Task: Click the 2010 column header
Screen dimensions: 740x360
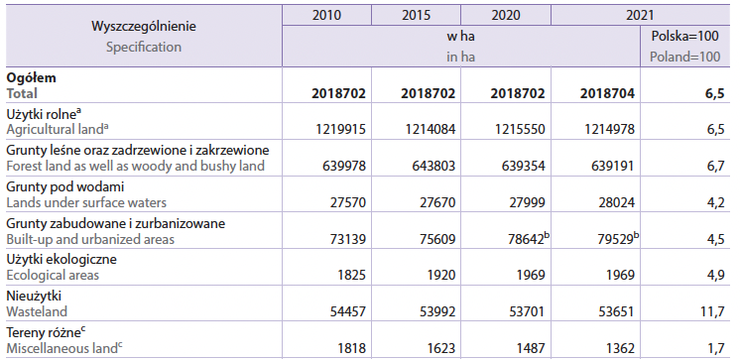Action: [x=326, y=15]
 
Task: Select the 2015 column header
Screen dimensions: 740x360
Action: [x=417, y=15]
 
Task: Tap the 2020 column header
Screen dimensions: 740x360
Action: [x=506, y=15]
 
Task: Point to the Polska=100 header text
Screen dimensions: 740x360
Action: [x=684, y=36]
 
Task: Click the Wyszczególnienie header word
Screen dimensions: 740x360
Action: [x=144, y=27]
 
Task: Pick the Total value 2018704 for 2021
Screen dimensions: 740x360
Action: [x=607, y=93]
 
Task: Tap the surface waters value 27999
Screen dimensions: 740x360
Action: [x=526, y=202]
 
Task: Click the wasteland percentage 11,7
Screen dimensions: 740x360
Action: [x=712, y=311]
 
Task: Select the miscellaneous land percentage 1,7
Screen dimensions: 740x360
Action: [x=715, y=348]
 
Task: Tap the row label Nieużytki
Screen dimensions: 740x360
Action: [x=34, y=297]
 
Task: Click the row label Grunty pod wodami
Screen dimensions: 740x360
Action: [x=65, y=186]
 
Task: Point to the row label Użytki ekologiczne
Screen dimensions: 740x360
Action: [x=62, y=260]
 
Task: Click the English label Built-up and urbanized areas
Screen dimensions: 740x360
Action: [x=90, y=239]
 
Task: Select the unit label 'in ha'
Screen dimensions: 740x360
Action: [x=461, y=58]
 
